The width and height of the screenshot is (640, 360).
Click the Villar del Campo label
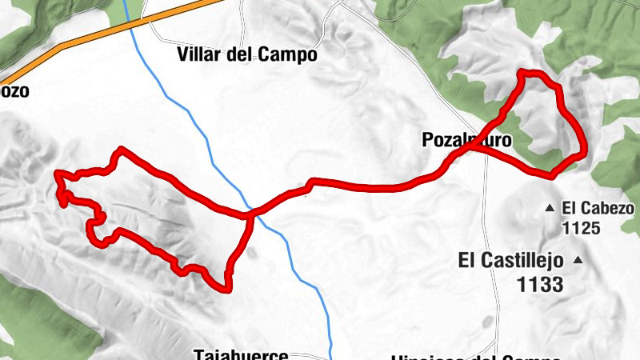click(x=246, y=55)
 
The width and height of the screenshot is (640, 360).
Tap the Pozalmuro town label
click(x=466, y=141)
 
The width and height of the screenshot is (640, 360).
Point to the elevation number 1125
click(x=581, y=228)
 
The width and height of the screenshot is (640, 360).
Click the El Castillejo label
click(x=511, y=260)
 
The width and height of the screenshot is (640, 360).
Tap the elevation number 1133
click(x=540, y=283)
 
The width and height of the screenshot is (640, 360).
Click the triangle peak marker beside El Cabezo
click(x=550, y=208)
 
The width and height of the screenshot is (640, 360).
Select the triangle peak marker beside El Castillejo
click(x=577, y=261)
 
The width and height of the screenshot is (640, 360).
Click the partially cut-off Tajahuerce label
click(x=240, y=354)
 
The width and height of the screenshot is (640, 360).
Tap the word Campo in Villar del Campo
click(x=287, y=55)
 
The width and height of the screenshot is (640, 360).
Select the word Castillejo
click(x=523, y=260)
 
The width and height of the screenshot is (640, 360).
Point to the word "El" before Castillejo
click(x=468, y=260)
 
